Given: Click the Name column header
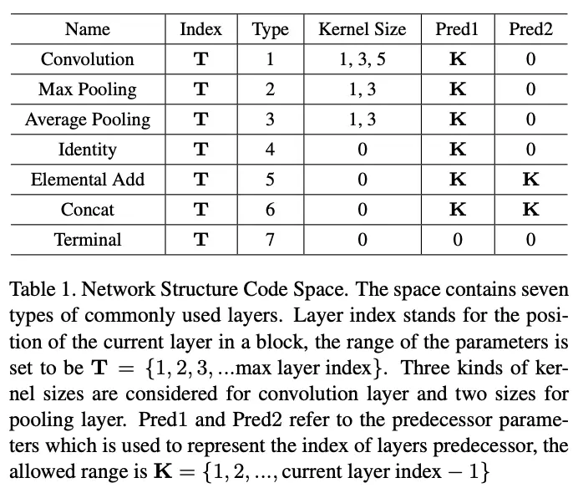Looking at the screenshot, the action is click(x=87, y=29).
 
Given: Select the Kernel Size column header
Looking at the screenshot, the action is click(x=362, y=29).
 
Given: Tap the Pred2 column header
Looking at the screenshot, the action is click(x=530, y=29).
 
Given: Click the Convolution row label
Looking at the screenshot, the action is click(x=87, y=59).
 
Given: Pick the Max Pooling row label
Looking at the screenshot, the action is click(x=87, y=89).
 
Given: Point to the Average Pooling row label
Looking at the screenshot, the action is click(x=87, y=119).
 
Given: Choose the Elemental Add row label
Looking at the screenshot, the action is click(x=87, y=180).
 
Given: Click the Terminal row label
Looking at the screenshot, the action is click(x=87, y=240).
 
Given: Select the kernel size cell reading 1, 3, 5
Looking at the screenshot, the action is click(x=362, y=59).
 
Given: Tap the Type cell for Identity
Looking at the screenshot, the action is click(x=270, y=150).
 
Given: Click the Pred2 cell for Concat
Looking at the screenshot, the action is click(x=530, y=210).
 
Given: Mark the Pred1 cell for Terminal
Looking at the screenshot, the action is click(x=458, y=240).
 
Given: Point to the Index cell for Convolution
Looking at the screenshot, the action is click(x=200, y=59).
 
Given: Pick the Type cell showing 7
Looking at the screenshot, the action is click(x=270, y=240).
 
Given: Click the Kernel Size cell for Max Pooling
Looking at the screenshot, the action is click(x=362, y=89).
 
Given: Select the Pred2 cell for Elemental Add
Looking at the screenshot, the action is click(x=530, y=180).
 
